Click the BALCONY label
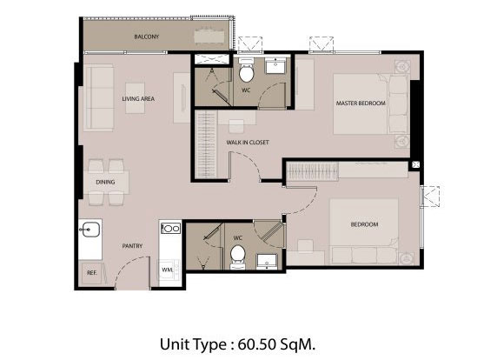tap(147, 37)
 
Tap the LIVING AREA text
tap(138, 99)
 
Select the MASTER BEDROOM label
tap(361, 103)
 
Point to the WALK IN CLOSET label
tap(248, 143)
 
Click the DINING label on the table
tap(105, 182)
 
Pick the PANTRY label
tap(132, 246)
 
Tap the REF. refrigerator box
tap(91, 272)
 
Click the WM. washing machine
tap(169, 270)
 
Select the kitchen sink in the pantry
tap(90, 230)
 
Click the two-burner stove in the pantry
tap(170, 229)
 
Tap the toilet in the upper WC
tap(246, 70)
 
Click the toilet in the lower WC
tap(238, 257)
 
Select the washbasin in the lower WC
tap(267, 262)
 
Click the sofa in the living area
tap(98, 97)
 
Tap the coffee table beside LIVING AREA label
tap(135, 98)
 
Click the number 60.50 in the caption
tap(256, 344)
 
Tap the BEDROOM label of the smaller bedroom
tap(364, 224)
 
